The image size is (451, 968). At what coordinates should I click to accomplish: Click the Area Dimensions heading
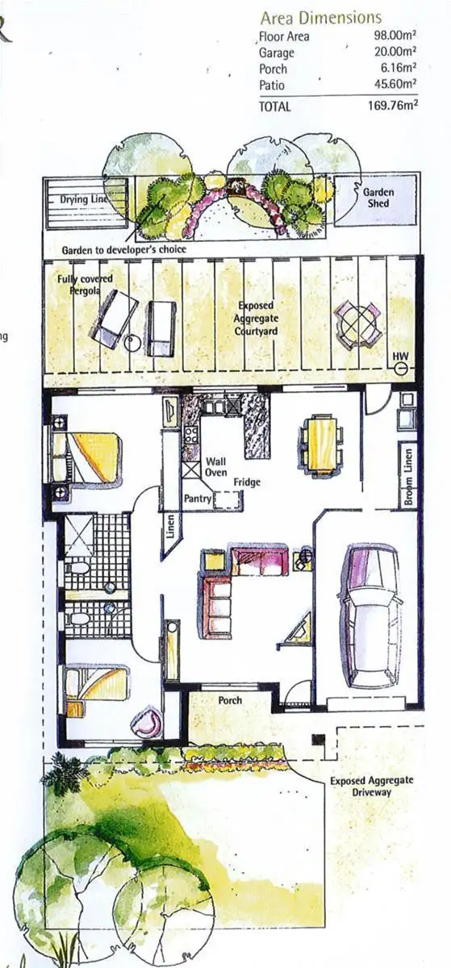click(x=321, y=18)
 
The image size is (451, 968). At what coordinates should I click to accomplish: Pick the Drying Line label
click(x=85, y=199)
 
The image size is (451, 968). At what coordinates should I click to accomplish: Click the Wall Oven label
click(x=215, y=466)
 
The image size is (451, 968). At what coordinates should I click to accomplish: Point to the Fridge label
click(x=246, y=482)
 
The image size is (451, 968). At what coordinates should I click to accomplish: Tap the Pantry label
click(x=198, y=500)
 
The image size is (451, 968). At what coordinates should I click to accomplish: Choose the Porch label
click(x=230, y=700)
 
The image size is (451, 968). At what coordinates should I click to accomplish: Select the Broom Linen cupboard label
click(x=410, y=478)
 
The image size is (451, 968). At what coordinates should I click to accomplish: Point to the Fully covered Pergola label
click(x=85, y=283)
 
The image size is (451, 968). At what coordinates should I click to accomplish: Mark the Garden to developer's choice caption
click(x=123, y=250)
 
